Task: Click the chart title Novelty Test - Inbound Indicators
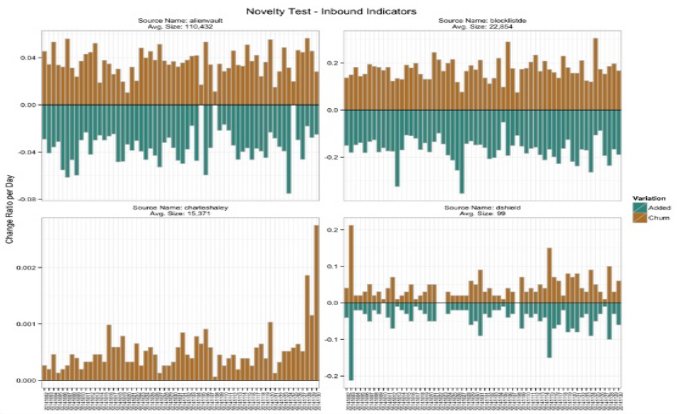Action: (x=331, y=11)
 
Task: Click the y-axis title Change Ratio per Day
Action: (x=10, y=209)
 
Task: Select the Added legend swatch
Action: (x=640, y=208)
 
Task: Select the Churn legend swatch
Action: (x=640, y=218)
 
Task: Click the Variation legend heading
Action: (x=649, y=198)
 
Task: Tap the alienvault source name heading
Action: (x=180, y=21)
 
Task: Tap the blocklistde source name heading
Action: (x=482, y=21)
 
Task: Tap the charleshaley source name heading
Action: (x=180, y=208)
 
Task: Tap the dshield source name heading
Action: (x=482, y=208)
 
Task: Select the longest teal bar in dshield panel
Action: (x=351, y=341)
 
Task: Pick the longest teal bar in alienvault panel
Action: (x=289, y=149)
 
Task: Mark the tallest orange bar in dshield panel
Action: (x=351, y=264)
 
